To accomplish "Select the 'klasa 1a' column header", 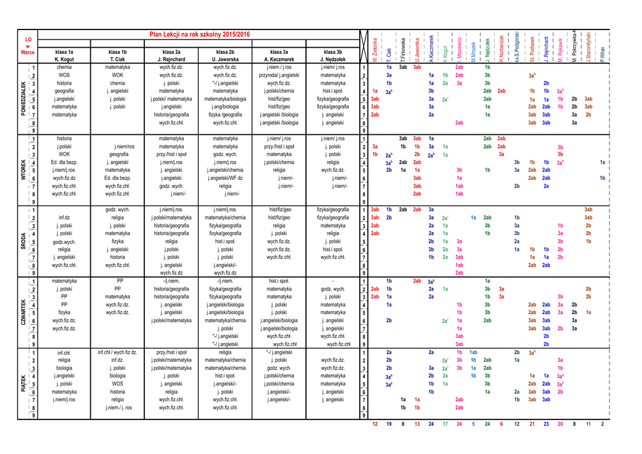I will coord(64,51).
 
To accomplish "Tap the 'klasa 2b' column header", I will coord(225,51).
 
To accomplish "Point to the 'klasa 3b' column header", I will coord(333,51).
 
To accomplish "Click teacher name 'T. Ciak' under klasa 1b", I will coord(117,59).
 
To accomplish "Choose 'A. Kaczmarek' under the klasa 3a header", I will coord(279,59).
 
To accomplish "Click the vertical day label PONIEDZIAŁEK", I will coord(24,98).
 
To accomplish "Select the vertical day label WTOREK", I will coord(24,170).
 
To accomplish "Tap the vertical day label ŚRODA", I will coord(24,241).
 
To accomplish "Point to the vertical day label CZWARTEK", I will coord(24,312).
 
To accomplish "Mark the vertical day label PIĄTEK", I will coord(24,383).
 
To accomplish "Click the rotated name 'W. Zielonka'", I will coord(375,50).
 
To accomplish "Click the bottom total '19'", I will coord(389,425).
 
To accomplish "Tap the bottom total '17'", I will coord(445,425).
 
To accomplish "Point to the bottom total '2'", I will coord(603,425).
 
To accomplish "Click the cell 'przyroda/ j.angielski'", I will coord(279,75).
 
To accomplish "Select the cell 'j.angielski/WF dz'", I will coord(225,178).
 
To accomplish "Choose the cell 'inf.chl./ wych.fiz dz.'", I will coord(117,352).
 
